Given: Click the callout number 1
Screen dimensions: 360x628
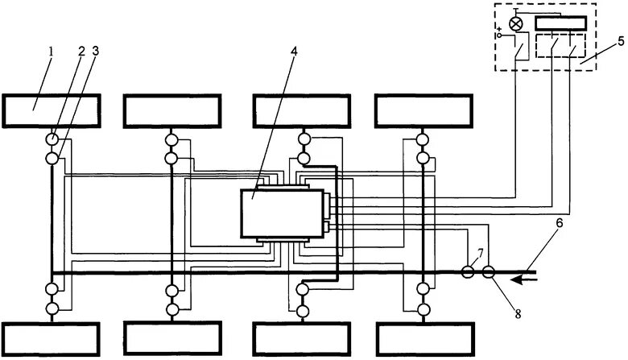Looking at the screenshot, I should (50, 52).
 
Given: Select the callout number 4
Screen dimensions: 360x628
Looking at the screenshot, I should (294, 52).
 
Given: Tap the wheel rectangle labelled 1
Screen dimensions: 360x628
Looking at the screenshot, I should (52, 111).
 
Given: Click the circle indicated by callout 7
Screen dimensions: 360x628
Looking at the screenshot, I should (468, 272).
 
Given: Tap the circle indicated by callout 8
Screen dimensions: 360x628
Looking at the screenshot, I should (488, 272).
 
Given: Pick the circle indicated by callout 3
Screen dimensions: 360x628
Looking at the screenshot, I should (52, 158).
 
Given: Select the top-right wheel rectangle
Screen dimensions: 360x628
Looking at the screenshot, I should (423, 111).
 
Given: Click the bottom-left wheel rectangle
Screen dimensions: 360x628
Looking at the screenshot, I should (52, 339).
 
